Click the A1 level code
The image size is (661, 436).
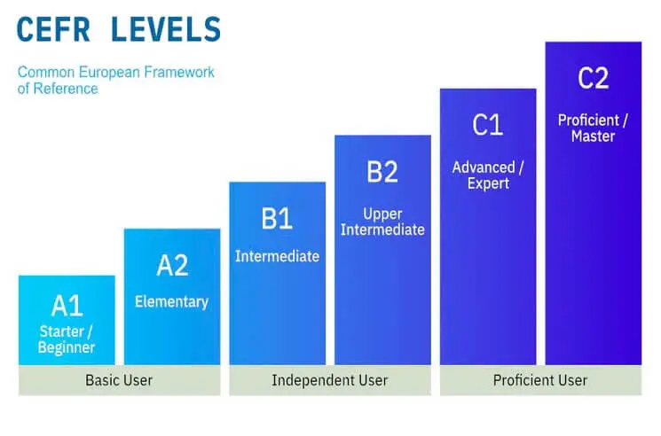pyautogui.click(x=67, y=307)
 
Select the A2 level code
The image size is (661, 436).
pyautogui.click(x=172, y=265)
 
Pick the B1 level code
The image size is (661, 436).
pyautogui.click(x=277, y=219)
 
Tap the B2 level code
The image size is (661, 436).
pyautogui.click(x=382, y=172)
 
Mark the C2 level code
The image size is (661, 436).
pyautogui.click(x=593, y=79)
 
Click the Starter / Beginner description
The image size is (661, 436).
pyautogui.click(x=67, y=339)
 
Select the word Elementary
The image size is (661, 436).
pyautogui.click(x=172, y=302)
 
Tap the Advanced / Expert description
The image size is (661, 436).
pyautogui.click(x=488, y=175)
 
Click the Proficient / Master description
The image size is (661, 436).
pyautogui.click(x=593, y=128)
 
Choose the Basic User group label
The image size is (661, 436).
pyautogui.click(x=119, y=380)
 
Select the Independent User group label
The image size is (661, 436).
pyautogui.click(x=329, y=380)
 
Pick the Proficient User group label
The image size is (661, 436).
pyautogui.click(x=540, y=380)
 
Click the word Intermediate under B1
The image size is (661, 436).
pyautogui.click(x=277, y=256)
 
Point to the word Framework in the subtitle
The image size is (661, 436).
pyautogui.click(x=182, y=72)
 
